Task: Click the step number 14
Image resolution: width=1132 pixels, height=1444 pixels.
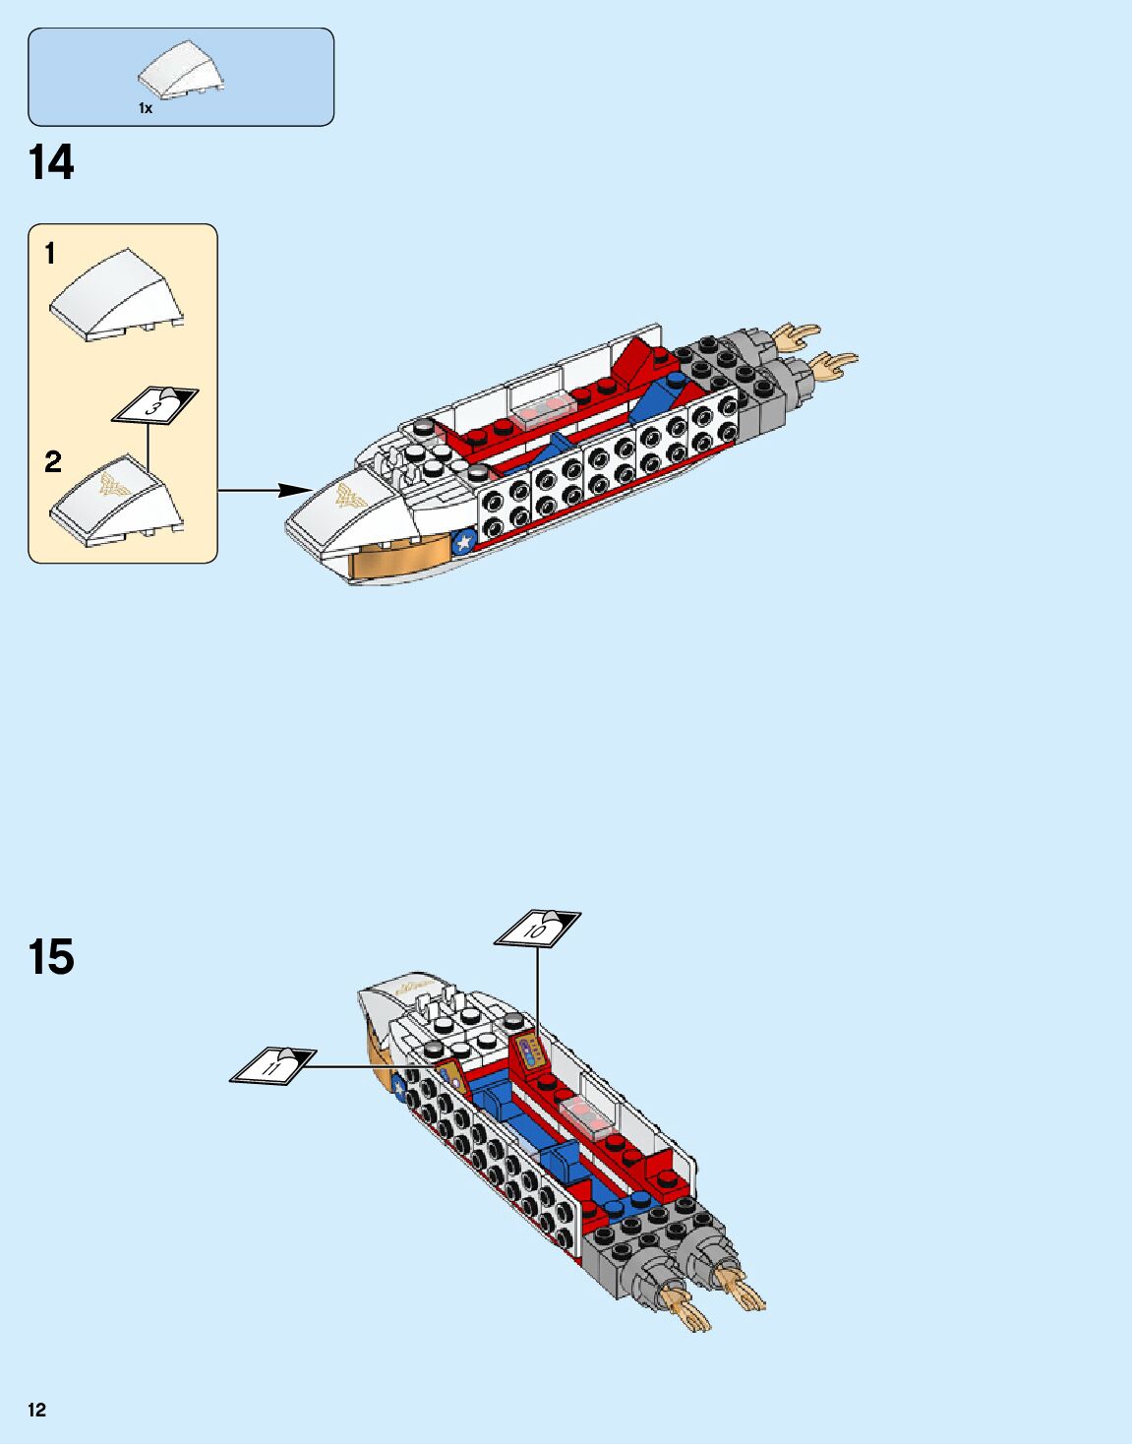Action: click(51, 163)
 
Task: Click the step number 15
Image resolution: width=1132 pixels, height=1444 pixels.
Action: click(51, 957)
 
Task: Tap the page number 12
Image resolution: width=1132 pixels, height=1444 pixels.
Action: click(37, 1410)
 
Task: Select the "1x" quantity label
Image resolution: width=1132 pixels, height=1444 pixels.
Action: click(146, 109)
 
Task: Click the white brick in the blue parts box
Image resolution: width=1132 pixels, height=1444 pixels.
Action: click(181, 71)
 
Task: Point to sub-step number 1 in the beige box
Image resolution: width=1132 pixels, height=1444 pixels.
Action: click(50, 254)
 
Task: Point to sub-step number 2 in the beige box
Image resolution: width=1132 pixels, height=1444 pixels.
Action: click(53, 461)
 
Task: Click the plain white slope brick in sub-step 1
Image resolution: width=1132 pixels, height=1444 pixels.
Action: click(116, 295)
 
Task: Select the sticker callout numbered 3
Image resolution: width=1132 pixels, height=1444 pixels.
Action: click(154, 405)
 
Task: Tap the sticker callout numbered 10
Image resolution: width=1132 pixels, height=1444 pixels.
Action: click(536, 929)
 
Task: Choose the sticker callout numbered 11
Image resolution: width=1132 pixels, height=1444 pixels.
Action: click(272, 1065)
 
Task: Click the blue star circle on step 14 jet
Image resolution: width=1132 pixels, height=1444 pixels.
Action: click(463, 542)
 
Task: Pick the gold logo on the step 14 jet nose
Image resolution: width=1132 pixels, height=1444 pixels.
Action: click(351, 497)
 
